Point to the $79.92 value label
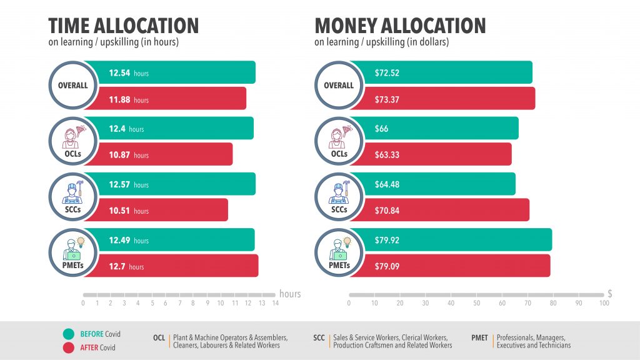tap(387, 240)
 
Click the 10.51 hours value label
tap(129, 211)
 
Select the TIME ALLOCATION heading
tap(123, 26)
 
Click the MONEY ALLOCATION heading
tap(400, 26)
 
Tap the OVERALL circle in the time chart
tap(73, 85)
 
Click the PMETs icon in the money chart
tap(339, 249)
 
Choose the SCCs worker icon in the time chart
tap(73, 192)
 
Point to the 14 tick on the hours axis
tap(276, 303)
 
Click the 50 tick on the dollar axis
tap(476, 303)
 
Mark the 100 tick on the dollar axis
tap(604, 303)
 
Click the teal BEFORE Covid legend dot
tap(69, 334)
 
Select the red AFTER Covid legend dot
tap(69, 347)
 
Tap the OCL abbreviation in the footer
tap(159, 338)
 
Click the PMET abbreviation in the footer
tap(479, 338)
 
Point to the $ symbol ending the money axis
tap(610, 294)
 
